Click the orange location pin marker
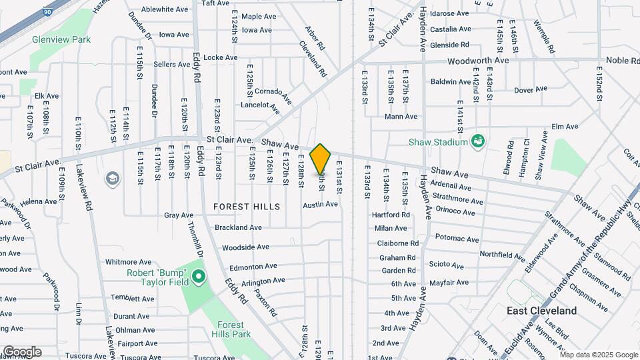(x=321, y=159)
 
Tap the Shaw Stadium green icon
(x=477, y=141)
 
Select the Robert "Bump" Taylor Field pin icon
(x=197, y=276)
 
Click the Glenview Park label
(x=61, y=39)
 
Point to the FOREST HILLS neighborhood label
(x=247, y=207)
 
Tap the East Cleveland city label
(x=541, y=311)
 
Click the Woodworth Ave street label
(x=478, y=60)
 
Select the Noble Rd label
(x=622, y=61)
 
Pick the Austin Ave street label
(x=321, y=204)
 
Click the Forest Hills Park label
(x=231, y=329)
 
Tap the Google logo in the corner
(x=21, y=351)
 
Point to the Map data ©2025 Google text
(x=599, y=355)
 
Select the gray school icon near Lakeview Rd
(x=112, y=178)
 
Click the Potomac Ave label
(x=457, y=238)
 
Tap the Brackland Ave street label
(x=238, y=227)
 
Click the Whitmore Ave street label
(x=129, y=262)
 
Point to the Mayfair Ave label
(x=449, y=283)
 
